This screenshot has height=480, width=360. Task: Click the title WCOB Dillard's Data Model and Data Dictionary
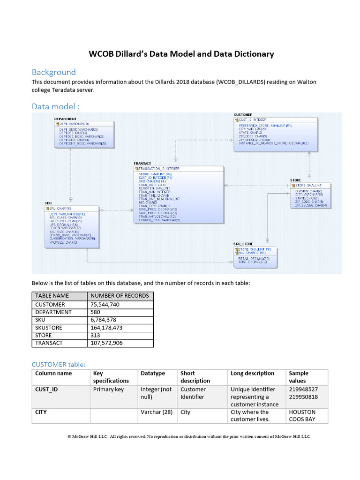[181, 54]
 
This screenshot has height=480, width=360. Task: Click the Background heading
[53, 72]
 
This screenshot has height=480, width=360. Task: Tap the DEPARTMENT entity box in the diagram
[83, 135]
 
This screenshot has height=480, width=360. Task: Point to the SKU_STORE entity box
[255, 256]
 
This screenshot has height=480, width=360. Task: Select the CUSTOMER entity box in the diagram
[275, 133]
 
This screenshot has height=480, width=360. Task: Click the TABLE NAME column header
[52, 296]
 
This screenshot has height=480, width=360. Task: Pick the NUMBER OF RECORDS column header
[120, 296]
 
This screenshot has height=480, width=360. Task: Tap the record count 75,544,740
[105, 304]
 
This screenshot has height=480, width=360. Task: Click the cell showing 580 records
[96, 312]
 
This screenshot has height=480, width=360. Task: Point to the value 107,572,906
[106, 343]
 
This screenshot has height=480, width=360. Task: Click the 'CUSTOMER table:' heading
[59, 364]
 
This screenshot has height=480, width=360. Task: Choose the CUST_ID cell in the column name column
[47, 389]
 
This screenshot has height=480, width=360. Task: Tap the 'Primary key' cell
[108, 389]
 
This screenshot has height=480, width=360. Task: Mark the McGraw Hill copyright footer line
[189, 436]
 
